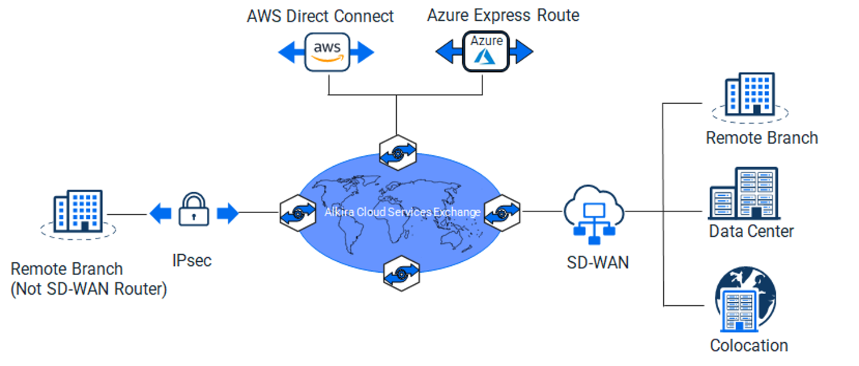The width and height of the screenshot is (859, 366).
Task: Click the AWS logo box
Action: click(327, 52)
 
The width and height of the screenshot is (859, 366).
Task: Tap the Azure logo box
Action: click(485, 52)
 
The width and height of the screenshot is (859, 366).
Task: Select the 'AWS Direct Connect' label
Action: click(320, 16)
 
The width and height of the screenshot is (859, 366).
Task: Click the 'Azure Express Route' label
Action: click(503, 15)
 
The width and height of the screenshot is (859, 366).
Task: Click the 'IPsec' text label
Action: click(192, 260)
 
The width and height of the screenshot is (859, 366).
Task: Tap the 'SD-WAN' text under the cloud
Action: click(598, 262)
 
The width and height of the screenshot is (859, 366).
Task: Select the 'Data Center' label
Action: click(751, 231)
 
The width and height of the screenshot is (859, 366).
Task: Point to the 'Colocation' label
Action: click(749, 346)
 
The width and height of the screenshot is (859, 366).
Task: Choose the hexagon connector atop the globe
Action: click(397, 153)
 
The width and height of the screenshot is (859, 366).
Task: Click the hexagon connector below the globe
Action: click(401, 272)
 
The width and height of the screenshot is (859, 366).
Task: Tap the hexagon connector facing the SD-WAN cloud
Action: click(501, 213)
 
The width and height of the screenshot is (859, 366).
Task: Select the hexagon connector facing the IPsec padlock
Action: click(297, 213)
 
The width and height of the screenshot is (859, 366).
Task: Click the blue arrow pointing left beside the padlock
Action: click(160, 213)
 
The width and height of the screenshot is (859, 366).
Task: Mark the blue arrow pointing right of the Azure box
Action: click(521, 52)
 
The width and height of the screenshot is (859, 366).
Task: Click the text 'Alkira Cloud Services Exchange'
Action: click(403, 213)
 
